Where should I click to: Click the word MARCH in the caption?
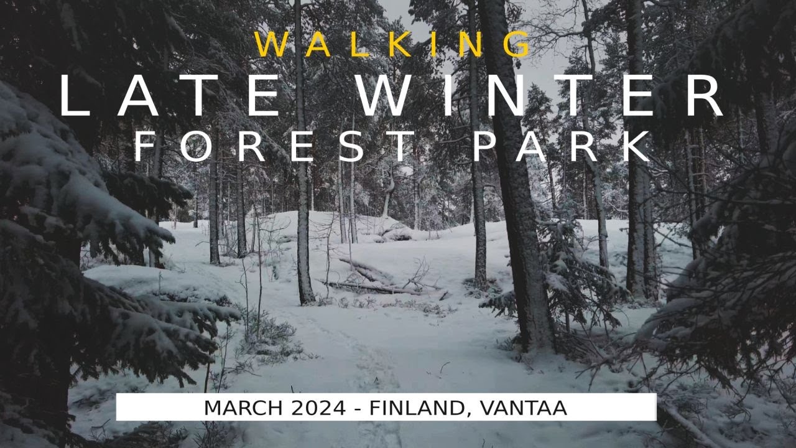pos(239,408)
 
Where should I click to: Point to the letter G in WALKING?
pos(516,45)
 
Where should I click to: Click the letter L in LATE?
pos(75,96)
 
